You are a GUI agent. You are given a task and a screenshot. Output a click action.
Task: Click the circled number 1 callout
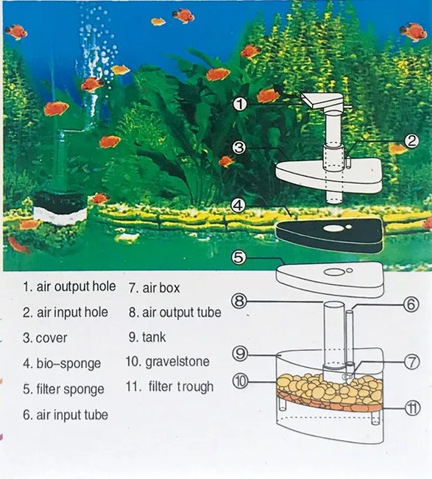240,104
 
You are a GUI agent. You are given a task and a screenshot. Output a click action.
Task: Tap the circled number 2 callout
411,141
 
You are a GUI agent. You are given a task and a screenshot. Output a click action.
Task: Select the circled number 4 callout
238,205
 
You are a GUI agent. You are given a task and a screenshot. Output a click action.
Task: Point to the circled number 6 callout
411,305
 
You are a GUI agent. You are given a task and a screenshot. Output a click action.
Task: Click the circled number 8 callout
239,301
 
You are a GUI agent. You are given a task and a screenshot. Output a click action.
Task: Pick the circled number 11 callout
412,408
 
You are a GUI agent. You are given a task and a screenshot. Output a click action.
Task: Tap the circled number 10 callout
241,382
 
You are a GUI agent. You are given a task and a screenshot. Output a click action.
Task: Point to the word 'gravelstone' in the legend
177,362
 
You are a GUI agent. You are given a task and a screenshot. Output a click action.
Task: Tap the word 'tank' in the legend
154,337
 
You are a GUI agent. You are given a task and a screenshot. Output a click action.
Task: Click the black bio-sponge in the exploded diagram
329,234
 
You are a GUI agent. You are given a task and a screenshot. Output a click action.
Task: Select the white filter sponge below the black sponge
330,279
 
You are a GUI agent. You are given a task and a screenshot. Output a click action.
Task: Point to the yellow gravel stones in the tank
330,387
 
